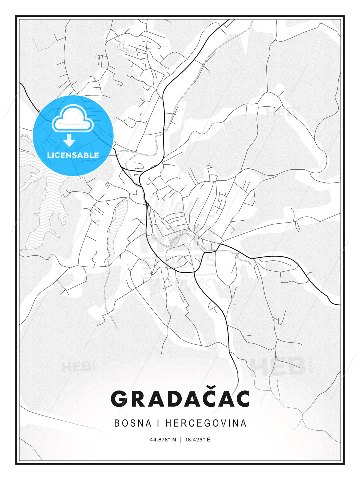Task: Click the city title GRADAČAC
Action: click(x=180, y=399)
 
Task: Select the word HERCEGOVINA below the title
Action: click(x=206, y=423)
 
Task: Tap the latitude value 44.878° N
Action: click(x=163, y=440)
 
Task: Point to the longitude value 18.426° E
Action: click(x=198, y=440)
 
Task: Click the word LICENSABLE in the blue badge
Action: click(x=73, y=155)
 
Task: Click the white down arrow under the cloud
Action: click(x=69, y=140)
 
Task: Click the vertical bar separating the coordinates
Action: click(x=181, y=440)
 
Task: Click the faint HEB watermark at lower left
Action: click(x=76, y=367)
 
